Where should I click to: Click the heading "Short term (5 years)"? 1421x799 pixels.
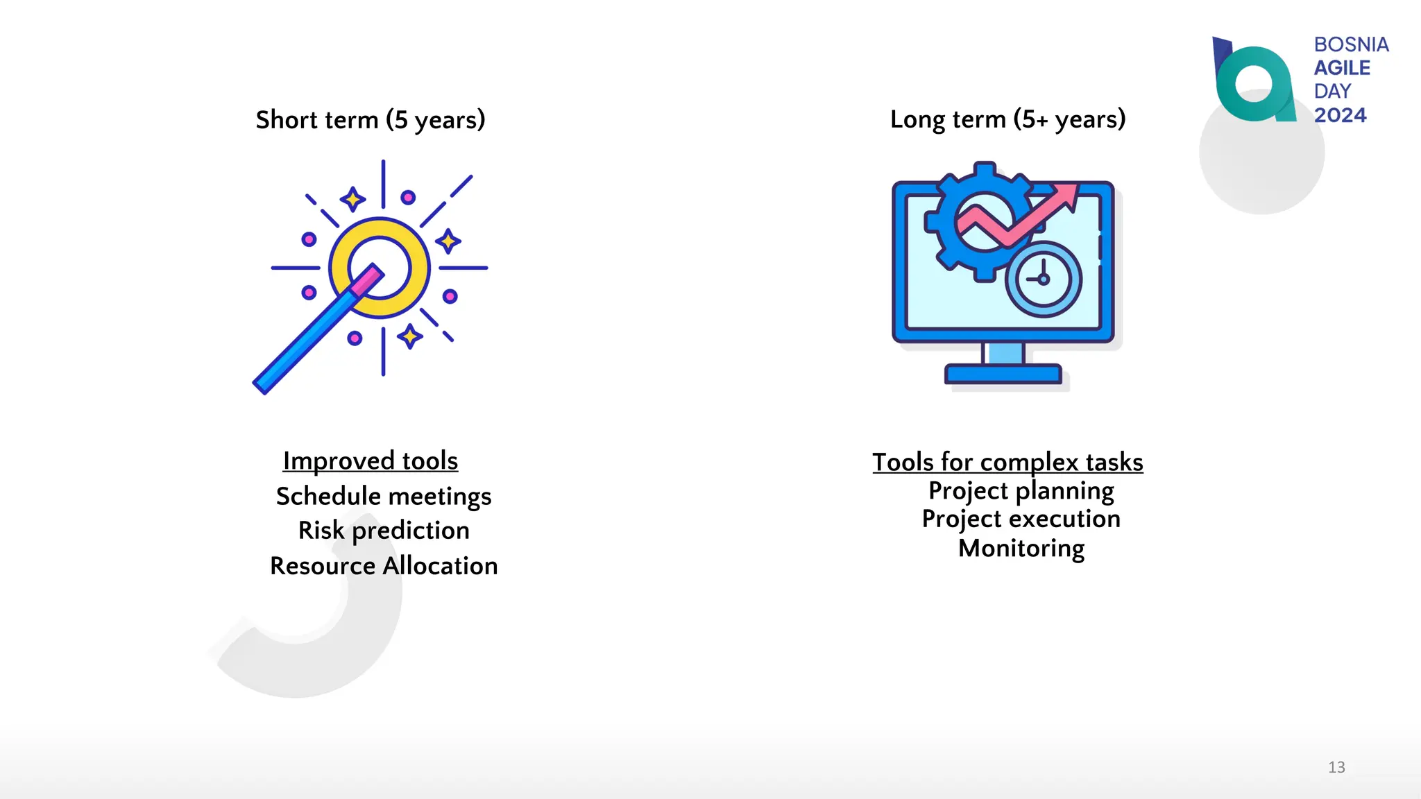pyautogui.click(x=371, y=120)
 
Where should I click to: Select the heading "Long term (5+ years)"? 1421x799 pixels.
pyautogui.click(x=1007, y=119)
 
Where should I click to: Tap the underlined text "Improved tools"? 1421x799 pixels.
pyautogui.click(x=371, y=461)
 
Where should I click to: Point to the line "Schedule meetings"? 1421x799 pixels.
pyautogui.click(x=384, y=497)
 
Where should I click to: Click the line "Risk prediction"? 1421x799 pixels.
pyautogui.click(x=384, y=531)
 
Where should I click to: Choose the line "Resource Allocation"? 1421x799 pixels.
pyautogui.click(x=384, y=566)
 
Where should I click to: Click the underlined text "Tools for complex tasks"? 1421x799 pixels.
pyautogui.click(x=1007, y=463)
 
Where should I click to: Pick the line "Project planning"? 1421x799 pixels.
pyautogui.click(x=1021, y=491)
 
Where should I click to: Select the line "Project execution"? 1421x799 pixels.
pyautogui.click(x=1021, y=519)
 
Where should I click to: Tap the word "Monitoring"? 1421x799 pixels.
pyautogui.click(x=1021, y=549)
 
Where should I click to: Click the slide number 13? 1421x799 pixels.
pyautogui.click(x=1336, y=767)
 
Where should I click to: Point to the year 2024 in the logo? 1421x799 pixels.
pyautogui.click(x=1340, y=115)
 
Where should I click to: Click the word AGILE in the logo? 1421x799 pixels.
pyautogui.click(x=1342, y=68)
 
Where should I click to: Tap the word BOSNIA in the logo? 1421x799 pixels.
pyautogui.click(x=1351, y=44)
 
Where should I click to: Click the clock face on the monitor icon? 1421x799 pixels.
pyautogui.click(x=1043, y=280)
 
